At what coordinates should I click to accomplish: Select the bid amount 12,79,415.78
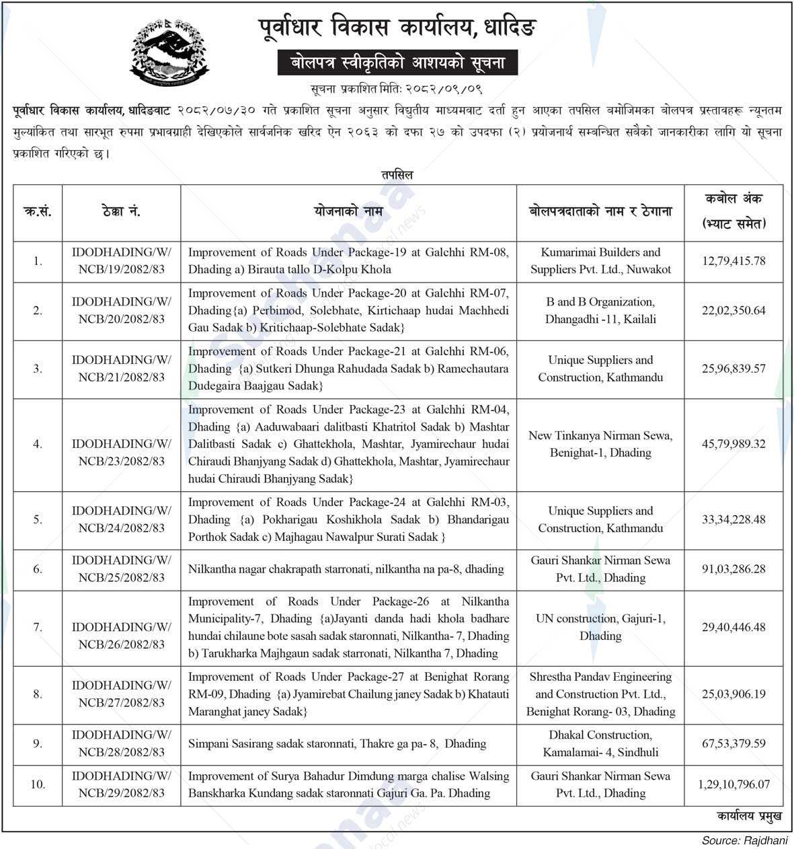733,261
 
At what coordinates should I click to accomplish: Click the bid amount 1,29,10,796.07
733,784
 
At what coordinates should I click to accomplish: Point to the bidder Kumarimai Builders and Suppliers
600,261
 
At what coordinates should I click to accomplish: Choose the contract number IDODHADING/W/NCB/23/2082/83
122,453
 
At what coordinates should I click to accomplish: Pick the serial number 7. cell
38,628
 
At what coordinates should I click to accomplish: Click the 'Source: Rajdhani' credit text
744,840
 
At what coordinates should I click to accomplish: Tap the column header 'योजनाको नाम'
348,212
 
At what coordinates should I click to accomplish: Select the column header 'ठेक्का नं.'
121,212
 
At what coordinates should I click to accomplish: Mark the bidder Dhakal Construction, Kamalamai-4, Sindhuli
600,744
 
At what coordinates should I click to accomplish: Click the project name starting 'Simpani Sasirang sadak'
337,744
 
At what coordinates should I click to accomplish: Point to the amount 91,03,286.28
733,569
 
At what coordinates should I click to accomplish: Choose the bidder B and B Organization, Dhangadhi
600,311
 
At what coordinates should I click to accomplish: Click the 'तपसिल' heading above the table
397,175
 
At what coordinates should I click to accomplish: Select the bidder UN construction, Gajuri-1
600,627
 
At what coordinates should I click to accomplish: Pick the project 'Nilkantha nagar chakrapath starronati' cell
346,569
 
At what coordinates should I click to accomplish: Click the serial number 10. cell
38,784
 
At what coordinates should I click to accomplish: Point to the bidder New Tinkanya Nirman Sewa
600,444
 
